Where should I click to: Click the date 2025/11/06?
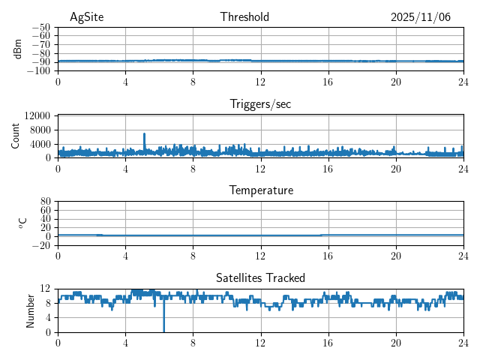420,17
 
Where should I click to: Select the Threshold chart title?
244,17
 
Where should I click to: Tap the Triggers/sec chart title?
260,104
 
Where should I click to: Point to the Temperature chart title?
260,190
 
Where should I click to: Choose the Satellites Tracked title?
260,277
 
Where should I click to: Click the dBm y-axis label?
18,49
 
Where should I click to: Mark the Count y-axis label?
16,136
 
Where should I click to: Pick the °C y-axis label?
22,223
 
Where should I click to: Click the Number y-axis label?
30,310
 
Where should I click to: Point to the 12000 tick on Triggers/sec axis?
37,115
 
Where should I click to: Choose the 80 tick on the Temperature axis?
44,202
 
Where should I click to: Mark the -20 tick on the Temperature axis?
40,245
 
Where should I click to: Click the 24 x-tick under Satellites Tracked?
463,342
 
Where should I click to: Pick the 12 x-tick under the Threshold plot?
260,81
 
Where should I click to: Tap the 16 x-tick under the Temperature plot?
328,255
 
